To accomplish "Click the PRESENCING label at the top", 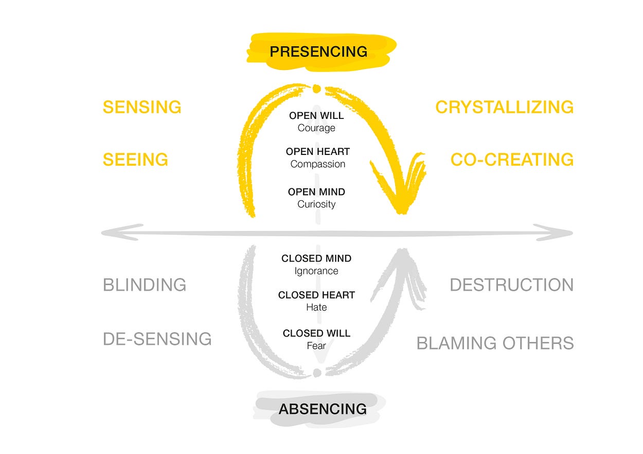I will click(x=318, y=51).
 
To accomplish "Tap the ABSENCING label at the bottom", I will click(x=323, y=409).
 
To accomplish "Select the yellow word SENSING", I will click(x=142, y=107).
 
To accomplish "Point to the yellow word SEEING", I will click(x=135, y=160).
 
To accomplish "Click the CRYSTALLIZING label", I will click(x=504, y=107).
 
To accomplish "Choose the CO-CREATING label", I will click(x=512, y=160).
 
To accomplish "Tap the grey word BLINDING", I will click(x=145, y=285).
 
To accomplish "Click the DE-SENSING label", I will click(x=157, y=339).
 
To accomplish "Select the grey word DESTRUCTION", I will click(x=511, y=285).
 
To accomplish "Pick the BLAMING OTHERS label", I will click(x=495, y=343).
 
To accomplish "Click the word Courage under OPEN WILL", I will click(x=316, y=128).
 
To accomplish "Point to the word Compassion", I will click(x=317, y=164).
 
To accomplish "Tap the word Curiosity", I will click(x=316, y=204).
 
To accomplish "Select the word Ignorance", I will click(x=316, y=271).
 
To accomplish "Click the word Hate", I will click(x=316, y=307).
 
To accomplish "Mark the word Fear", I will click(x=316, y=345).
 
